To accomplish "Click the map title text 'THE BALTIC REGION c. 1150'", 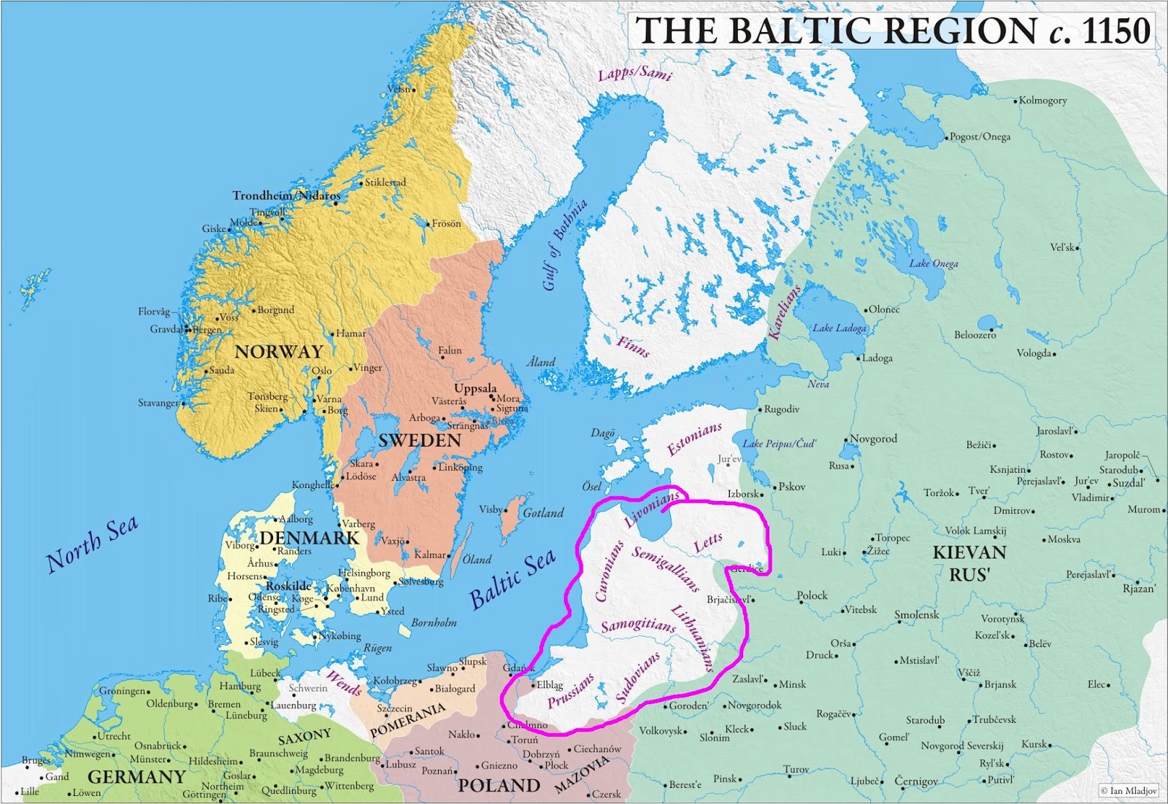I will click(892, 31).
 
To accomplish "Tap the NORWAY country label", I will click(279, 352).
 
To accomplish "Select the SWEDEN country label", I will click(420, 441).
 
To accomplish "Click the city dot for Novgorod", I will click(846, 440).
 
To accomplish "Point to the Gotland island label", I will click(543, 513).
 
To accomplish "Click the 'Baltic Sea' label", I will click(512, 579).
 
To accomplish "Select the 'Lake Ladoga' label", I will click(839, 328).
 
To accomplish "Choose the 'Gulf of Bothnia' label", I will click(564, 244).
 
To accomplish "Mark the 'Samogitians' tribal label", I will click(638, 625).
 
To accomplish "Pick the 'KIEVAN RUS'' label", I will click(969, 563).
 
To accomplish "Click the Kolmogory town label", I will click(1042, 101).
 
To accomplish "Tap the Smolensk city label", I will click(917, 615).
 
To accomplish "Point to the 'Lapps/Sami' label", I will click(634, 73).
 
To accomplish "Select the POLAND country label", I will click(499, 786).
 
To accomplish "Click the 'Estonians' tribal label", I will click(695, 439).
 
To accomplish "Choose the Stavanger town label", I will click(158, 403).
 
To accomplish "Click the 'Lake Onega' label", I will click(934, 263).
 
